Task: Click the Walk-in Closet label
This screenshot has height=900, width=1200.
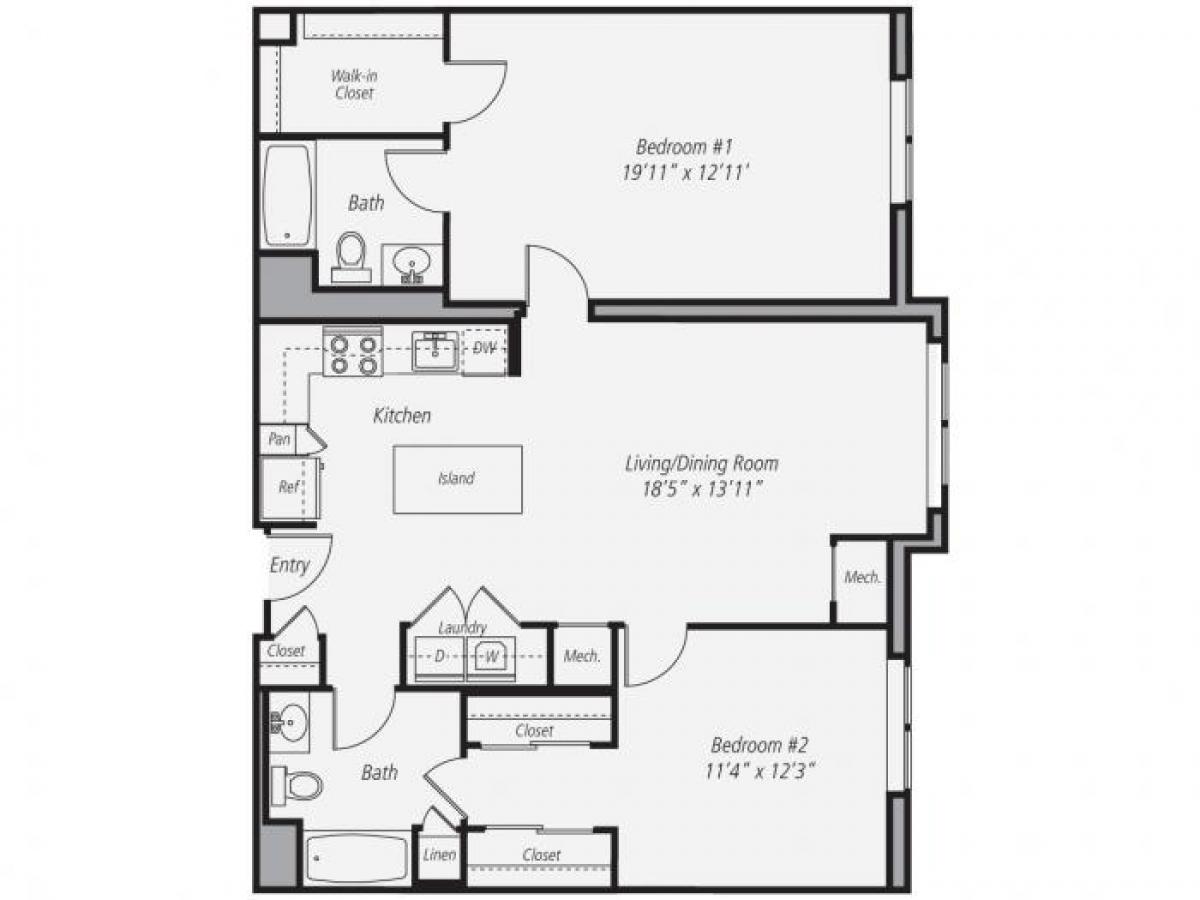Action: [354, 85]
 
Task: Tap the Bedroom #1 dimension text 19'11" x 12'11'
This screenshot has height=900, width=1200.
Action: [685, 171]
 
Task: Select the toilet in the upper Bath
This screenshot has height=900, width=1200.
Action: [351, 255]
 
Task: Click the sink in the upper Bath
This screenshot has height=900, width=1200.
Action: [411, 264]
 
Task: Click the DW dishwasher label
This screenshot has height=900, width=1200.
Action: [485, 348]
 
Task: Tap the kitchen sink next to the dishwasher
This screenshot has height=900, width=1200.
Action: [435, 351]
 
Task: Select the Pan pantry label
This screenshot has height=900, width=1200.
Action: [280, 439]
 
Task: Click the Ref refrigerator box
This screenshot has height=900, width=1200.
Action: [288, 488]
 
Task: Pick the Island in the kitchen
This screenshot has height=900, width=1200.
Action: [457, 479]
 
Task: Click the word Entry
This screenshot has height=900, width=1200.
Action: [289, 565]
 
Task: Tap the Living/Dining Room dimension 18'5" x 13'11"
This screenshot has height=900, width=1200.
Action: [701, 489]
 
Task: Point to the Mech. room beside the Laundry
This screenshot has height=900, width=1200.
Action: [582, 656]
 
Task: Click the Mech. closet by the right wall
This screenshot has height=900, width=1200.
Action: [862, 577]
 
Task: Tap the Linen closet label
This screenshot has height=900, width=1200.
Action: [440, 855]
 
